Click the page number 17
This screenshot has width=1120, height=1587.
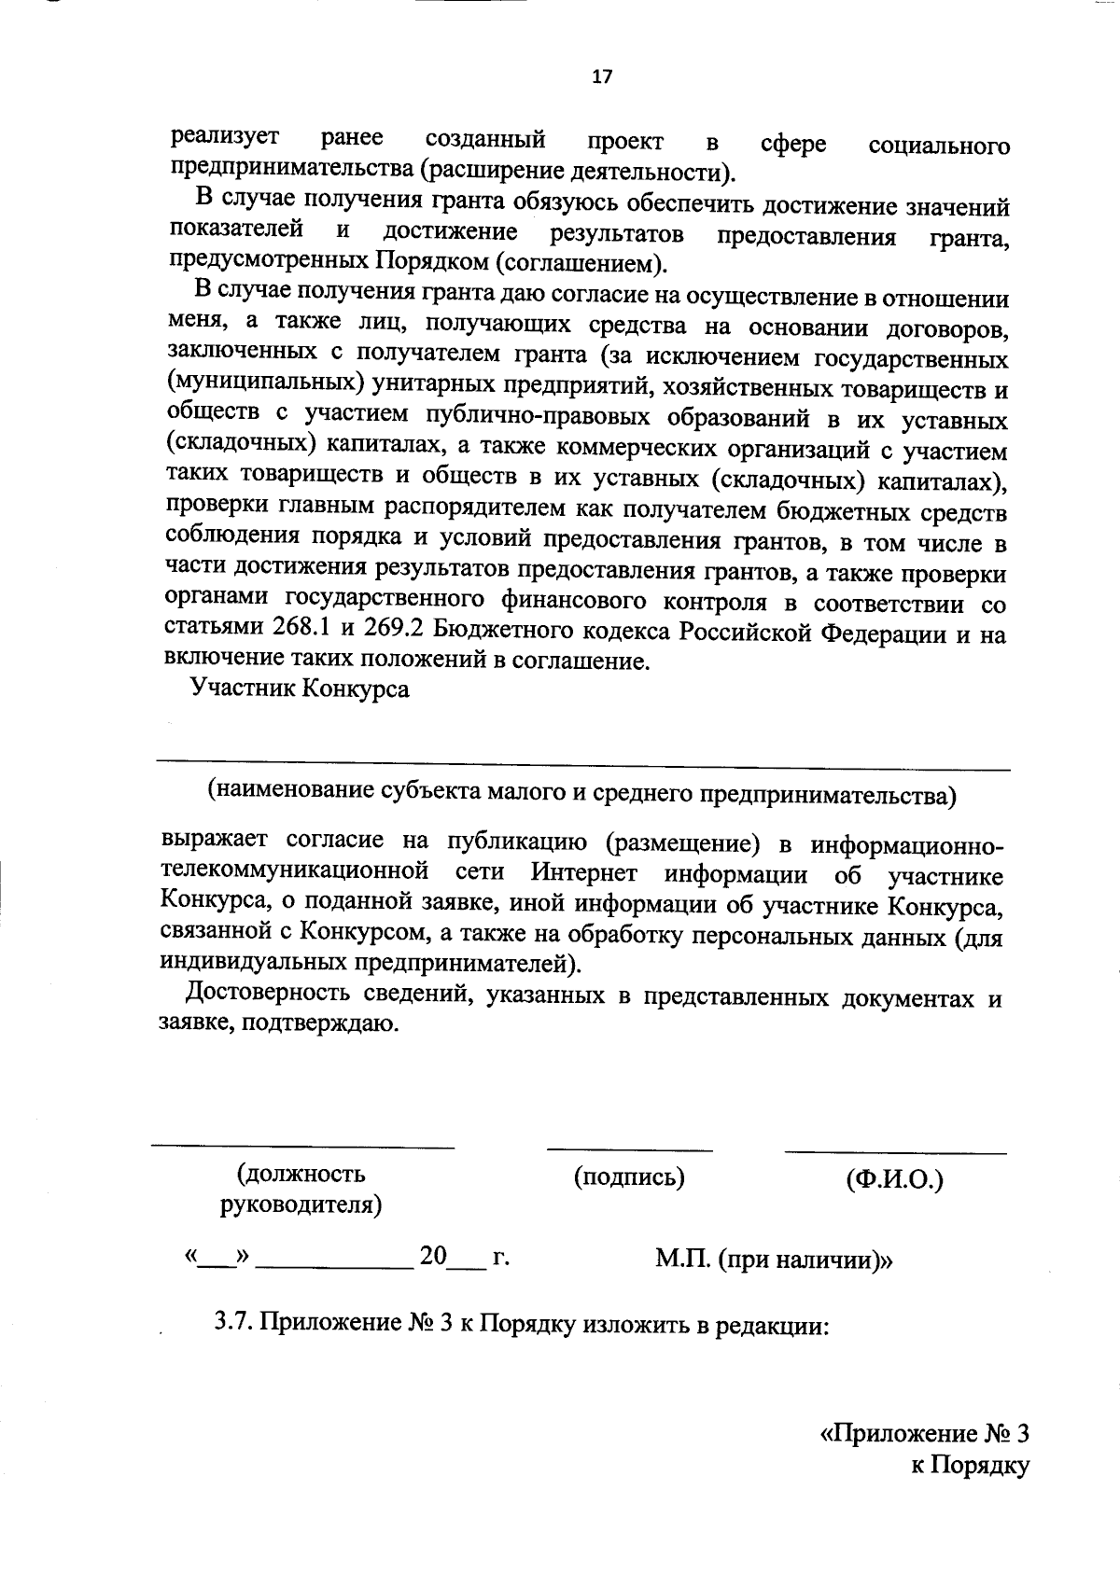602,77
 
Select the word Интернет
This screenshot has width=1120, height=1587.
585,873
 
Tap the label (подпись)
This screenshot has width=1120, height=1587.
629,1177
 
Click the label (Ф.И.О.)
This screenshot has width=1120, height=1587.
894,1180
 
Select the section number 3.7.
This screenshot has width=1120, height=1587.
233,1322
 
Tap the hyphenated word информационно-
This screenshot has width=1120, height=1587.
906,845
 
